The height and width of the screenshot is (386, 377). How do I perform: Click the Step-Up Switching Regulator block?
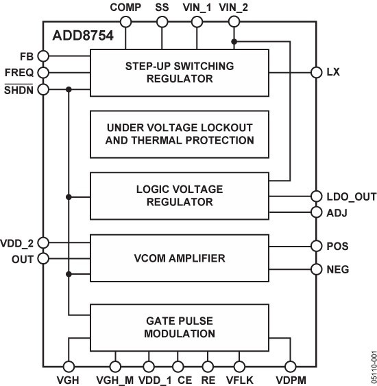click(x=180, y=72)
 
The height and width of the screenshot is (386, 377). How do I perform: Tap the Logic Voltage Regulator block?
click(x=180, y=195)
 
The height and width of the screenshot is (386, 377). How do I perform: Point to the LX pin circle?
click(x=316, y=72)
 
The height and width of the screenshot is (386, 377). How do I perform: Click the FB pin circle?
click(x=43, y=56)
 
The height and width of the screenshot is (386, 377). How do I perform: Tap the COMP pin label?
click(x=125, y=8)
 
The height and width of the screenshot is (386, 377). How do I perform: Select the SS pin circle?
click(x=162, y=22)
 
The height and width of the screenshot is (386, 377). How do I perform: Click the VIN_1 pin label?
click(x=197, y=8)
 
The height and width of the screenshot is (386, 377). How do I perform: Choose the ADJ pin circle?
click(x=316, y=212)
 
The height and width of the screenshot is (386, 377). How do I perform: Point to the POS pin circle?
click(x=316, y=245)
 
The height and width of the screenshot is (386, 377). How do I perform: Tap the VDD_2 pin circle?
click(x=43, y=242)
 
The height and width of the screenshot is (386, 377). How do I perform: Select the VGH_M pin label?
click(x=114, y=378)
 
